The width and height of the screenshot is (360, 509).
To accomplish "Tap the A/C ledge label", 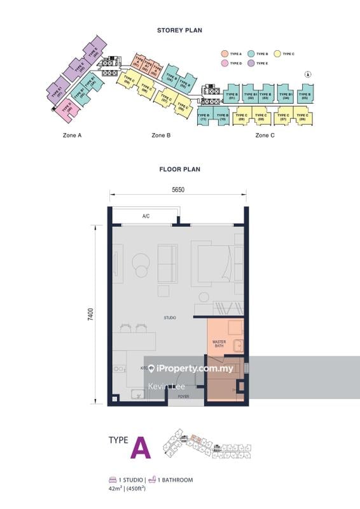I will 146,217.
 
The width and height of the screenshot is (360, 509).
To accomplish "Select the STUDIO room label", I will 169,317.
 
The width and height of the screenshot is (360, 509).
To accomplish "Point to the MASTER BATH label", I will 219,344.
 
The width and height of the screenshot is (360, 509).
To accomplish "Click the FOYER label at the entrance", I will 183,396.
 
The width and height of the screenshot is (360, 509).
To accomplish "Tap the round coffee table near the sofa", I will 140,262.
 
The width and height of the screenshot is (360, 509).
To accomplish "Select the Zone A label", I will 72,136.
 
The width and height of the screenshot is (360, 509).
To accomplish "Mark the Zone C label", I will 265,136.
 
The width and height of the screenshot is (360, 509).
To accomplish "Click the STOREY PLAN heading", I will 180,30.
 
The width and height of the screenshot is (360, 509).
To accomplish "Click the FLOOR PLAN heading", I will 180,169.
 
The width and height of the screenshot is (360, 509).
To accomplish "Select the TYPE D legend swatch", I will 225,63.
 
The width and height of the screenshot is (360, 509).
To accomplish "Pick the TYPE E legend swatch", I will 251,63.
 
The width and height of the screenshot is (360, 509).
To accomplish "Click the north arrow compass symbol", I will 308,74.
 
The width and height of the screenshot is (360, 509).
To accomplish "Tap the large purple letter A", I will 141,448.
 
